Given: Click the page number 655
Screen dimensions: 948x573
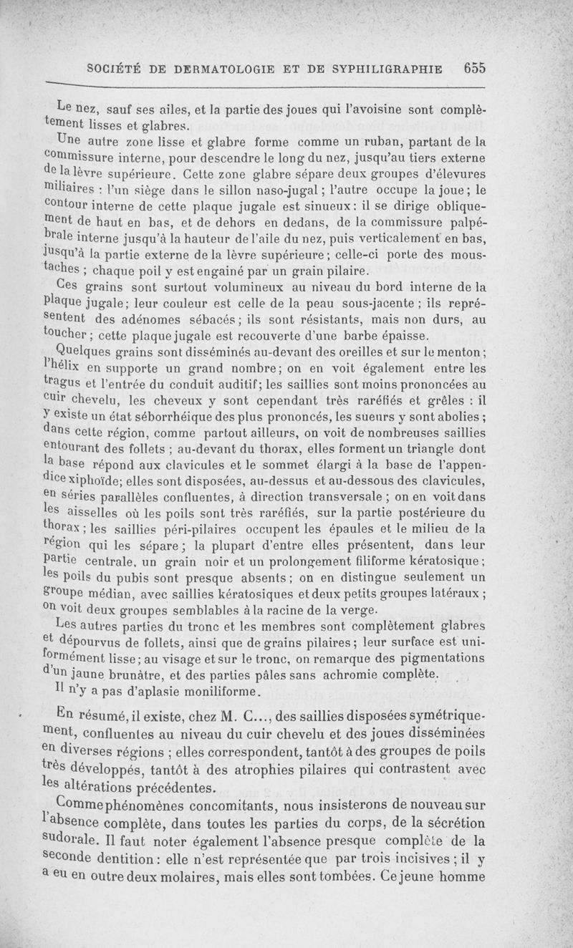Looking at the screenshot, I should point(475,69).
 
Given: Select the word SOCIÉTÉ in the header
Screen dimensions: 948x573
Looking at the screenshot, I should point(117,69).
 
